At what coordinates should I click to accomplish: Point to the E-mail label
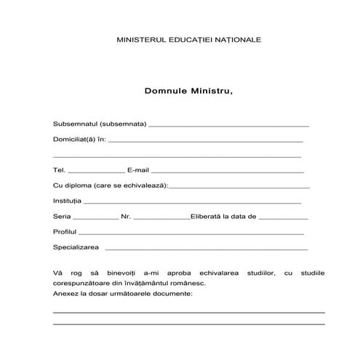click(137, 169)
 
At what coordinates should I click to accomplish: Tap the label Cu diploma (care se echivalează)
click(110, 185)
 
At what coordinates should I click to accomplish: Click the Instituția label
click(68, 201)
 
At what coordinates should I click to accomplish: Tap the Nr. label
click(126, 217)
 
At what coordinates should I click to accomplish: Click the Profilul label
click(65, 232)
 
